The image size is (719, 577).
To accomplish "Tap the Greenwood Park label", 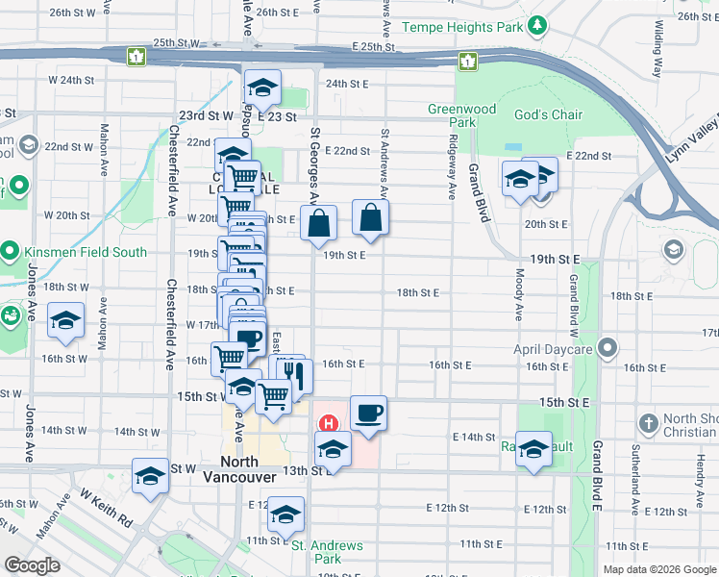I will [462, 115].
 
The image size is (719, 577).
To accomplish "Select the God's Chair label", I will [549, 115].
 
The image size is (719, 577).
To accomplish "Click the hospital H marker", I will [329, 422].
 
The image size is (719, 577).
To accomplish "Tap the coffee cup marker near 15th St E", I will [368, 414].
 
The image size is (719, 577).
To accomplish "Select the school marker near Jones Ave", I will [65, 321].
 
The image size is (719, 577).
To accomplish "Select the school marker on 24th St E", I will [262, 88].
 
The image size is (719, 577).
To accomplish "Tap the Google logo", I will [32, 565].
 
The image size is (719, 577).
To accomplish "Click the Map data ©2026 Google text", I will [658, 569].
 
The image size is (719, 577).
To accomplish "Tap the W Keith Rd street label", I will [107, 506].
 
